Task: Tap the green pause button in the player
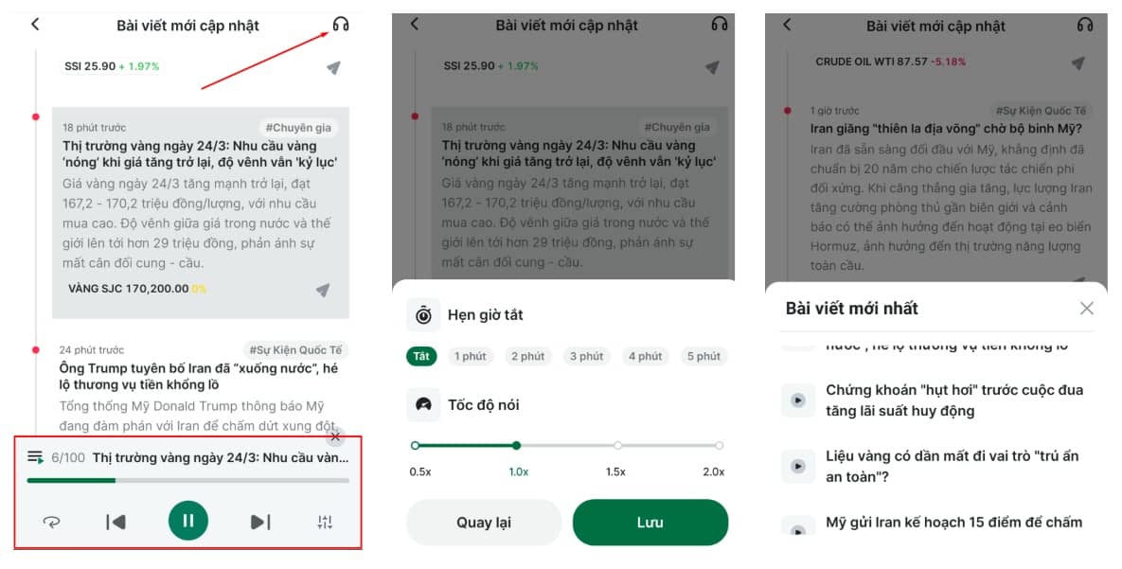(x=188, y=520)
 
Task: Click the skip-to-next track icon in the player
(x=260, y=522)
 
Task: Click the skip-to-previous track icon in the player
(x=116, y=522)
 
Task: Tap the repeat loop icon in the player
(x=51, y=522)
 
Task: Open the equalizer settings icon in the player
(x=325, y=522)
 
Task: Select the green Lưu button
(x=650, y=523)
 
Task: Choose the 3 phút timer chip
(x=586, y=356)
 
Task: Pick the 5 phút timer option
(x=703, y=356)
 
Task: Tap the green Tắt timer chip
(x=421, y=356)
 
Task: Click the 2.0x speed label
(x=714, y=471)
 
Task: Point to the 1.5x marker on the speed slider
(x=617, y=445)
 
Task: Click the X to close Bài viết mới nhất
(x=1086, y=308)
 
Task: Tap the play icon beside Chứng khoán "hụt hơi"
(x=798, y=400)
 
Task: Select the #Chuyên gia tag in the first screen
(x=297, y=128)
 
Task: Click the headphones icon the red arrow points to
(x=341, y=25)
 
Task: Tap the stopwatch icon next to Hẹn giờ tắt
(x=423, y=314)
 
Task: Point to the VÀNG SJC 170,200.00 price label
(x=128, y=288)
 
